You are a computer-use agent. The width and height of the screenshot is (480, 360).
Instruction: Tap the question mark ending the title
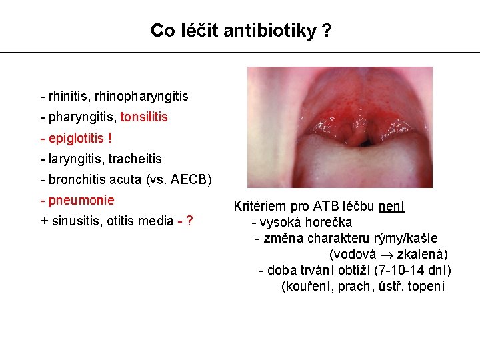[325, 31]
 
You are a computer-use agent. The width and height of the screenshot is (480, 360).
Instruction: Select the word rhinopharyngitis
[141, 96]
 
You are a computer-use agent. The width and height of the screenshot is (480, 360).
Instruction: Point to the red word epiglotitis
[77, 138]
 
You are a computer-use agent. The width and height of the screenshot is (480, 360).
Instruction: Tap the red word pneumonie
[81, 201]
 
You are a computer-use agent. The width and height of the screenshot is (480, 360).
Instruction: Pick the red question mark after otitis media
[190, 221]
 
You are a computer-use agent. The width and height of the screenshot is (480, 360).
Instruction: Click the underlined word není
[391, 207]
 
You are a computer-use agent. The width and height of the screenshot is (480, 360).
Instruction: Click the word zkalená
[423, 255]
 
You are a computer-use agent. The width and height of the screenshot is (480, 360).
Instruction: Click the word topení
[427, 287]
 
